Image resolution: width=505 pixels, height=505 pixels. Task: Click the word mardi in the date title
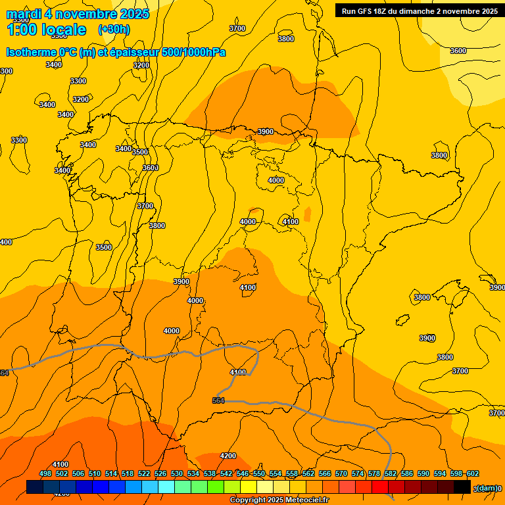pyautogui.click(x=24, y=14)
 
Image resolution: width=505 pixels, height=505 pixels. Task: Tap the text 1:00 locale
pyautogui.click(x=46, y=30)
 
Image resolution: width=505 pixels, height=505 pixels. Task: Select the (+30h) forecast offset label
pyautogui.click(x=114, y=29)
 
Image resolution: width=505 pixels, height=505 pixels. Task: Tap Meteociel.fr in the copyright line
pyautogui.click(x=306, y=500)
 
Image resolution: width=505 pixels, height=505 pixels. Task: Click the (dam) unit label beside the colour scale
pyautogui.click(x=487, y=488)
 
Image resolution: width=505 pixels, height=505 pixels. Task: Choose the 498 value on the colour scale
pyautogui.click(x=45, y=473)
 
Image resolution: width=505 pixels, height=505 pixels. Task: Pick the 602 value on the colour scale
pyautogui.click(x=473, y=473)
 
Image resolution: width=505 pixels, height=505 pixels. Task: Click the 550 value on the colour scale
pyautogui.click(x=259, y=473)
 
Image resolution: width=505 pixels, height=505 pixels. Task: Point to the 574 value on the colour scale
pyautogui.click(x=358, y=473)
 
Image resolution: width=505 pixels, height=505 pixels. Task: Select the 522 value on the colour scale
pyautogui.click(x=144, y=473)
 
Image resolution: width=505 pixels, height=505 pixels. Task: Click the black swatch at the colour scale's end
pyautogui.click(x=462, y=487)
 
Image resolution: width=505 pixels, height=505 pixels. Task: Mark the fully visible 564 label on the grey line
pyautogui.click(x=219, y=400)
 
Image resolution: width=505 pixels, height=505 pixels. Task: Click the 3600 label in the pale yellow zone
pyautogui.click(x=458, y=51)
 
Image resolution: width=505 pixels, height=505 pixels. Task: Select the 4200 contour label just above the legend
pyautogui.click(x=228, y=456)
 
